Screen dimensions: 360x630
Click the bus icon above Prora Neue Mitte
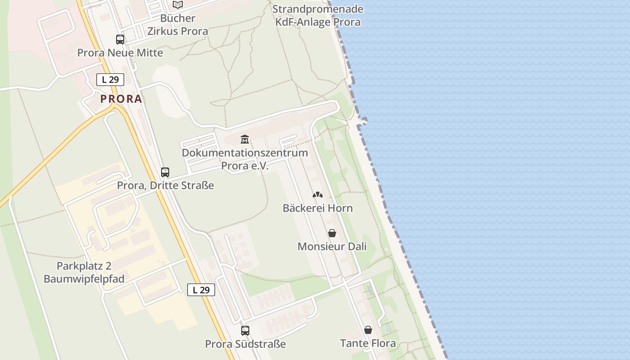click(x=120, y=40)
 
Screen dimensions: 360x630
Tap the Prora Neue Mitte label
click(x=120, y=53)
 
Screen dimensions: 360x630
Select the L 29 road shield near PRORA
click(x=110, y=80)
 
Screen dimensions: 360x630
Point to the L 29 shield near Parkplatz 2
click(x=201, y=290)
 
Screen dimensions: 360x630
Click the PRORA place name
click(x=121, y=99)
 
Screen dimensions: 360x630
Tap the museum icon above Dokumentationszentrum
click(x=245, y=139)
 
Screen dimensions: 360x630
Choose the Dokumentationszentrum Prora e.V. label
click(x=245, y=159)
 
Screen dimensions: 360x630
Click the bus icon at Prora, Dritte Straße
click(x=165, y=172)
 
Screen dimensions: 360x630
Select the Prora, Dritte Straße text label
click(x=165, y=185)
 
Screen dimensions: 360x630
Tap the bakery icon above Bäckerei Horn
click(x=318, y=195)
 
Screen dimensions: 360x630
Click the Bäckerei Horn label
click(x=318, y=208)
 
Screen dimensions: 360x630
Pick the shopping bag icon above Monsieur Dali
click(x=332, y=233)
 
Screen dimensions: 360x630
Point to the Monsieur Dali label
click(x=332, y=247)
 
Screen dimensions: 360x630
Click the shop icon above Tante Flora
click(x=368, y=330)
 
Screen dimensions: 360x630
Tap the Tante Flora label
click(x=368, y=343)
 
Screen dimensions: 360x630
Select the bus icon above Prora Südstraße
click(x=245, y=331)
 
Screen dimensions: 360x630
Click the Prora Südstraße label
click(x=245, y=344)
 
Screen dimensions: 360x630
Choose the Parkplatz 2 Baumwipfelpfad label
click(x=84, y=272)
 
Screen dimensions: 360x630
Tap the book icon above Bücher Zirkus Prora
click(x=178, y=5)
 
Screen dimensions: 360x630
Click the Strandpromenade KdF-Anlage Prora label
click(x=318, y=15)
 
